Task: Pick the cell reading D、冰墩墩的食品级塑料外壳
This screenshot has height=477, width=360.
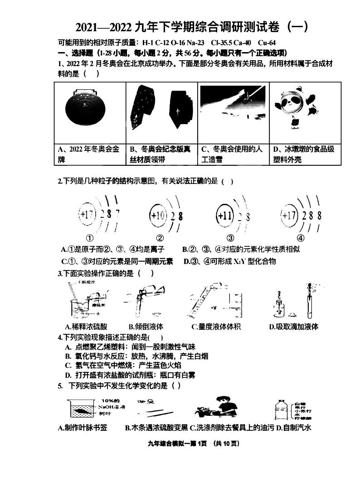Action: pos(304,154)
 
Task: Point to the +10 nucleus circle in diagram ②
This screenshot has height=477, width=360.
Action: pos(158,215)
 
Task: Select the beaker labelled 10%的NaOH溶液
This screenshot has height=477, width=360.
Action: pos(82,410)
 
